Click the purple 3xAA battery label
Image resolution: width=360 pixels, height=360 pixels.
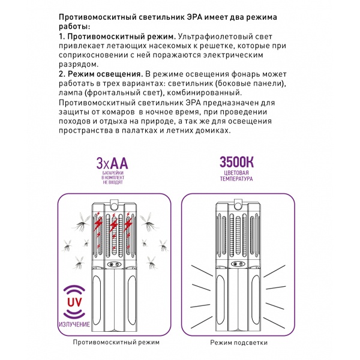pyautogui.click(x=112, y=163)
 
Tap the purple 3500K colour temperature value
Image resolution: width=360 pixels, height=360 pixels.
pyautogui.click(x=237, y=162)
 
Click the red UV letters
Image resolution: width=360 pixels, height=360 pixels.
pyautogui.click(x=74, y=302)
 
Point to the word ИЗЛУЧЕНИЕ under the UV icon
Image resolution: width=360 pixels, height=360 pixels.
pyautogui.click(x=74, y=324)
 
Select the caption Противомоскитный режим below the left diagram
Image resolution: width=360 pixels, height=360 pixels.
pyautogui.click(x=116, y=342)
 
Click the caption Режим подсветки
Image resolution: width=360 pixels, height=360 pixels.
pyautogui.click(x=239, y=343)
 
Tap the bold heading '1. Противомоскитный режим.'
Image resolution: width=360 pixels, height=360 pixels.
pyautogui.click(x=118, y=37)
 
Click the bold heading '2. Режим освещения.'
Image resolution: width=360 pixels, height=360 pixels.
pyautogui.click(x=101, y=74)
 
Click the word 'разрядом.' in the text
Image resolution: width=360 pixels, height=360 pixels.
pyautogui.click(x=79, y=65)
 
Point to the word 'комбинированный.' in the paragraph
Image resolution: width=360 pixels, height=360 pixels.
pyautogui.click(x=205, y=93)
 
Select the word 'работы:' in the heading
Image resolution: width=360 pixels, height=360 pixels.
pyautogui.click(x=74, y=26)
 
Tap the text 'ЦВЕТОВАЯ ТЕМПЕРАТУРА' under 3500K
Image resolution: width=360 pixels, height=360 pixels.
pyautogui.click(x=236, y=176)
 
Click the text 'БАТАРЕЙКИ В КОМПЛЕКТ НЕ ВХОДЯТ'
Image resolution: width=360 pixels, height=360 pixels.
pyautogui.click(x=113, y=178)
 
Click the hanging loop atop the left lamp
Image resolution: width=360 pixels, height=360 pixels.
pyautogui.click(x=115, y=203)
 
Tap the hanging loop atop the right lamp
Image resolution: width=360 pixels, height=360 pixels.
pyautogui.click(x=238, y=203)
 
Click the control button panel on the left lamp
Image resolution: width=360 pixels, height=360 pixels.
pyautogui.click(x=114, y=264)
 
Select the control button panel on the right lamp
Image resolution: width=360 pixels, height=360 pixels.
pyautogui.click(x=238, y=264)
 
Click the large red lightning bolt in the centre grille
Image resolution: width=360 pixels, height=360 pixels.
pyautogui.click(x=114, y=225)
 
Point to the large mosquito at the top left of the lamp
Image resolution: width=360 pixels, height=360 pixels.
pyautogui.click(x=83, y=222)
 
